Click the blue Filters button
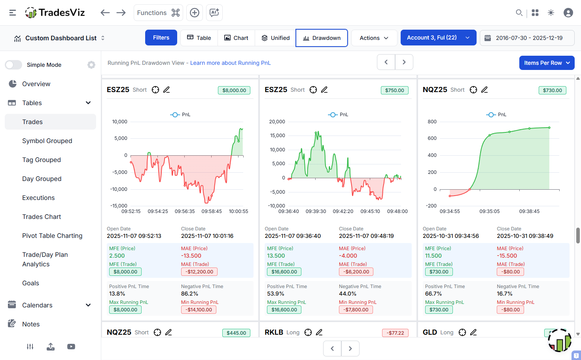(161, 38)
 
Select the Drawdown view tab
(322, 38)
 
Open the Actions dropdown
(374, 38)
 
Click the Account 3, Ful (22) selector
(438, 38)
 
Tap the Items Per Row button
(547, 63)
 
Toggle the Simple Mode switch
(13, 65)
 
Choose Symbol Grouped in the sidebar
(47, 141)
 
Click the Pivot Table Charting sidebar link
(52, 236)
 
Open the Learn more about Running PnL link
(230, 63)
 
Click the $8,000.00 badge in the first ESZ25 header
(234, 90)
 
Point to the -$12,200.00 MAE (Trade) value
(199, 272)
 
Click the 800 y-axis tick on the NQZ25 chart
(432, 122)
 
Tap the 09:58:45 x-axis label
(212, 211)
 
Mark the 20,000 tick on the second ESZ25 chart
(277, 122)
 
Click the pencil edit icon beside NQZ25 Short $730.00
(484, 90)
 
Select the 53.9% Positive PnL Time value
(276, 294)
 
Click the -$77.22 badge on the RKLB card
(395, 333)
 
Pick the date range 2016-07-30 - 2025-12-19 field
(527, 38)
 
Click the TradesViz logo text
(62, 13)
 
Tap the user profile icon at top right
(568, 13)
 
